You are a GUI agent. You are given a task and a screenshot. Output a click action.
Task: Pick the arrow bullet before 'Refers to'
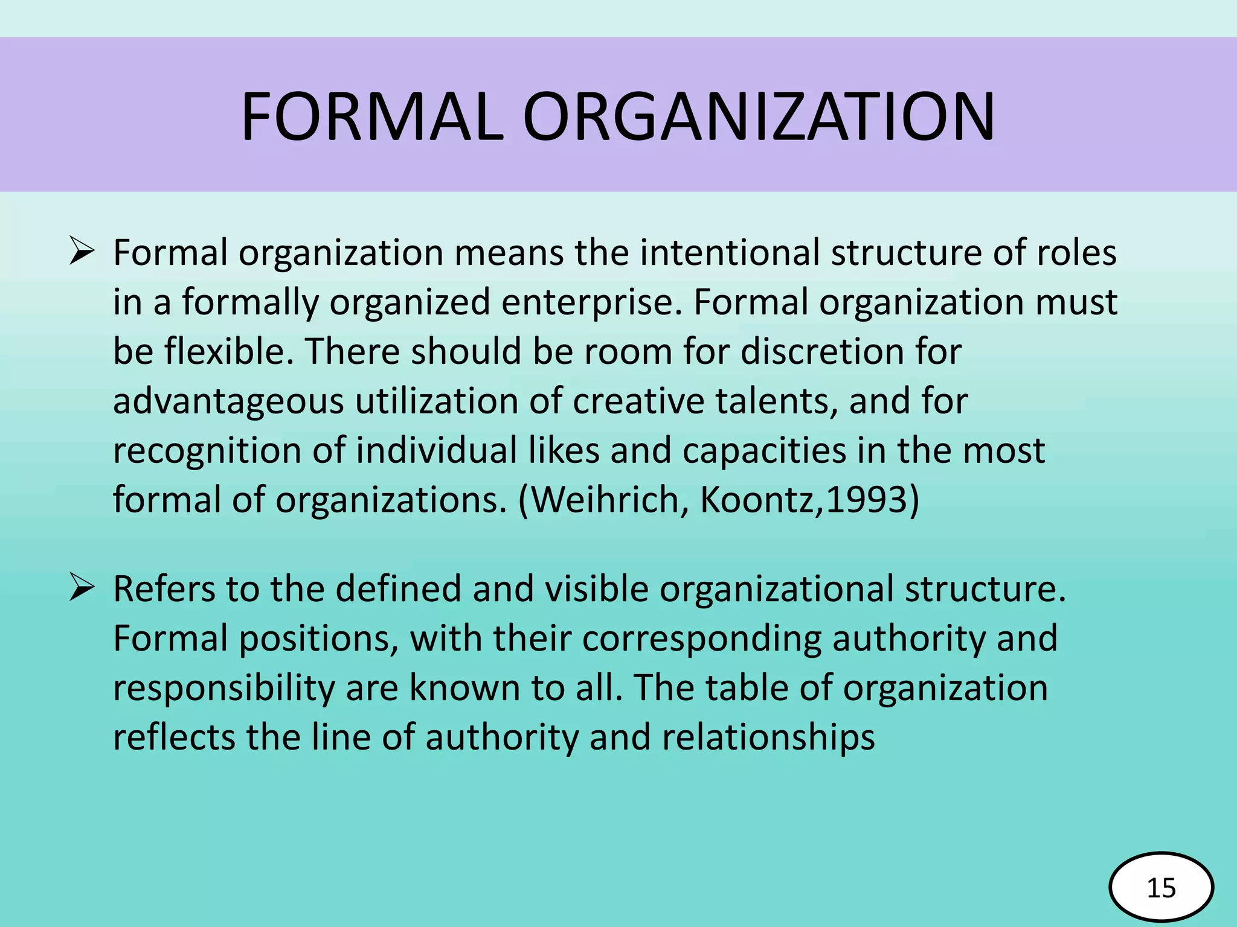pos(81,587)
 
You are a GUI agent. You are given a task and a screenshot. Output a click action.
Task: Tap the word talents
pos(777,401)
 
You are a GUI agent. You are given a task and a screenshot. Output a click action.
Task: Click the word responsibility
pos(223,689)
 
